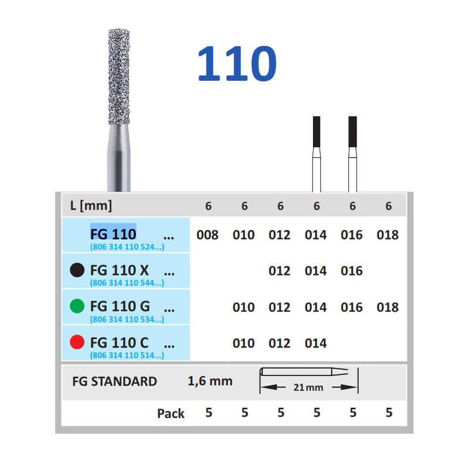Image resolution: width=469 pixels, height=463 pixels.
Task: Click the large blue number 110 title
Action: coord(237,64)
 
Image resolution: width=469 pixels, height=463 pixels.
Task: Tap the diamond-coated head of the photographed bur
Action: coord(119,77)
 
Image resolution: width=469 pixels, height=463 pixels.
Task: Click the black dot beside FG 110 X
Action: coord(77,270)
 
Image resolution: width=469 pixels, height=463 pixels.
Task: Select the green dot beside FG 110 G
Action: coord(77,306)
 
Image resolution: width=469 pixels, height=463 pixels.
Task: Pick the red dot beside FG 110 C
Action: coord(77,342)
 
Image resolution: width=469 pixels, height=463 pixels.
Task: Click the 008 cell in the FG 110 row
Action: coord(208,235)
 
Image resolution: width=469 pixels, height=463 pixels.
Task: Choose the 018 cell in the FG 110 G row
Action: coord(388,307)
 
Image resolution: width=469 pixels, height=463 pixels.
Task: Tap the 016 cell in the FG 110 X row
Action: coord(352,271)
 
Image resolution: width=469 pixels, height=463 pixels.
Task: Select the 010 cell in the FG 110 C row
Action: coord(243,343)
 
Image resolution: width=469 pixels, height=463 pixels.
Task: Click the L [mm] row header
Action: coord(91,206)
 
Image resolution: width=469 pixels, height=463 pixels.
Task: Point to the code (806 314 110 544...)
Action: coord(127,283)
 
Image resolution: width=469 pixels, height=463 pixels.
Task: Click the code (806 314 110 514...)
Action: coord(127,355)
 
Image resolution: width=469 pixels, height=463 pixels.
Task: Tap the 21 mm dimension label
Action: coord(308,387)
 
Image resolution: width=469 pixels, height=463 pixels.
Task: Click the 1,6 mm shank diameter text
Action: coord(210,381)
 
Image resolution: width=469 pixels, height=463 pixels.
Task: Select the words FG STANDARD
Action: coord(114,382)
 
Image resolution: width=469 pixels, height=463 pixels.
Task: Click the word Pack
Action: coord(171,414)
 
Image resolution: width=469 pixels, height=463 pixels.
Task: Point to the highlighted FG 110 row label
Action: coord(113,234)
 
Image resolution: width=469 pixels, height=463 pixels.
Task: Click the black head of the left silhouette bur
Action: coord(317,132)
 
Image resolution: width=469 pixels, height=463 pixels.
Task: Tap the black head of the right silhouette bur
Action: coord(353,132)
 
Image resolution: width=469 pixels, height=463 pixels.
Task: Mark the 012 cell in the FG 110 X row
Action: coord(280,271)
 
